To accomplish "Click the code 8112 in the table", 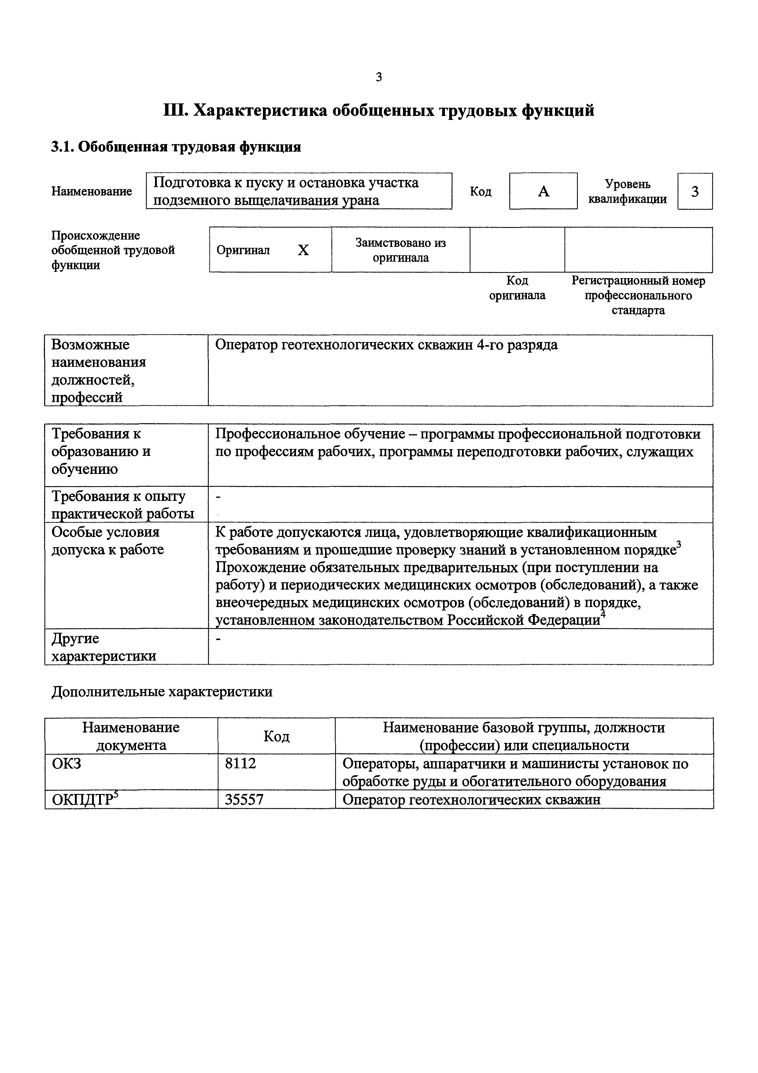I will [241, 764].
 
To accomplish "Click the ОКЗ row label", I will [66, 764].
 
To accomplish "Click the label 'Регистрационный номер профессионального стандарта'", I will [638, 295].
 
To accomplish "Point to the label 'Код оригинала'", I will [517, 288].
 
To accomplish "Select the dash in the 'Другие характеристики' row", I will [218, 638].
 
